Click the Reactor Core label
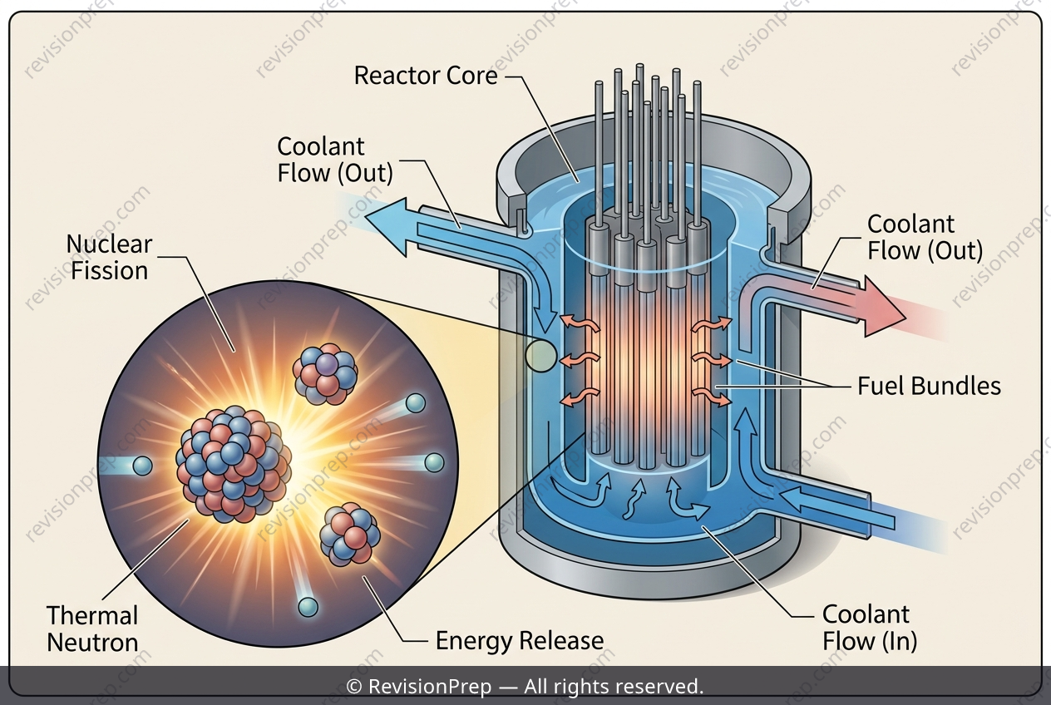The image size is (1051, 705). click(x=426, y=76)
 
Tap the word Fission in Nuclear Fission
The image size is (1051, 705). click(x=109, y=271)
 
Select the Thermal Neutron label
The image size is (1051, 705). click(x=92, y=629)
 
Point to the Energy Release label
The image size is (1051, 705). click(x=520, y=641)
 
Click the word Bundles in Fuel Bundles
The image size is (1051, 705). click(x=955, y=387)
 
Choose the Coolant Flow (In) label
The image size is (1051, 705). click(x=870, y=628)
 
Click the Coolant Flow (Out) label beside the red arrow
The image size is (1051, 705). click(x=925, y=237)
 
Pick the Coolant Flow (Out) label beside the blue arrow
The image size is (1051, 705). click(x=334, y=160)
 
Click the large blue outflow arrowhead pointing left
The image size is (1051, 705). click(x=386, y=227)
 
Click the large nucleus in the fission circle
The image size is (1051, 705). click(x=233, y=465)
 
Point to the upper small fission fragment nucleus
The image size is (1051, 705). click(x=325, y=374)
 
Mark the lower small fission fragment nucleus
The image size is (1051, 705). click(x=350, y=535)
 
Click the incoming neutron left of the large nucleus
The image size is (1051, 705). click(x=143, y=466)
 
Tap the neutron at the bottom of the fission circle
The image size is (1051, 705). click(x=308, y=607)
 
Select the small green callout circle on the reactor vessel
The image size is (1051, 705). click(x=540, y=356)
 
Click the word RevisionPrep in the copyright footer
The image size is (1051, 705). click(x=430, y=687)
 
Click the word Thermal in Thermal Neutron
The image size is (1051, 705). click(x=92, y=615)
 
